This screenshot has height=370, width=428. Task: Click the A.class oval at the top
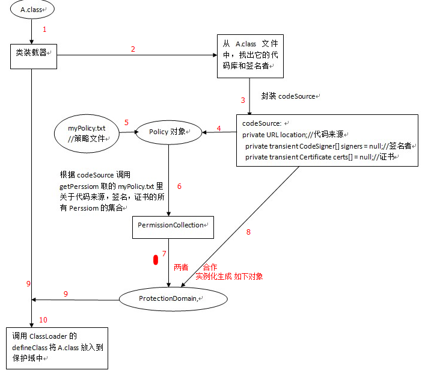point(32,10)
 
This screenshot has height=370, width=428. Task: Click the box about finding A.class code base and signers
point(249,55)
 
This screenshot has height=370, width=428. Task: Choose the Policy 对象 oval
point(169,132)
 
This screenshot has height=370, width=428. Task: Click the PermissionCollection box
point(172,225)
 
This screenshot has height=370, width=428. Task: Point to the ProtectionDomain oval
point(173,298)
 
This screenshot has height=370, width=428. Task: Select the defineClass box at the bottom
point(58,348)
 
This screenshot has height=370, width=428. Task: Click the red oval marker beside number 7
point(156,260)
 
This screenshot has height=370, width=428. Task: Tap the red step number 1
point(44,28)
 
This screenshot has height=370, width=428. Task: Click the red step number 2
point(133,49)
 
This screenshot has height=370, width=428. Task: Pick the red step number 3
point(243,100)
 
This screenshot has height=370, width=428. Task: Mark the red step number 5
point(127,122)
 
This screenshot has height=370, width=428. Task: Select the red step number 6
point(179,186)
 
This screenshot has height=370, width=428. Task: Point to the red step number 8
point(248,232)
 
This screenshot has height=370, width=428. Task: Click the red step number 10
point(43,319)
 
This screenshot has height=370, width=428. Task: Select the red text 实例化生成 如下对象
point(229,276)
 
